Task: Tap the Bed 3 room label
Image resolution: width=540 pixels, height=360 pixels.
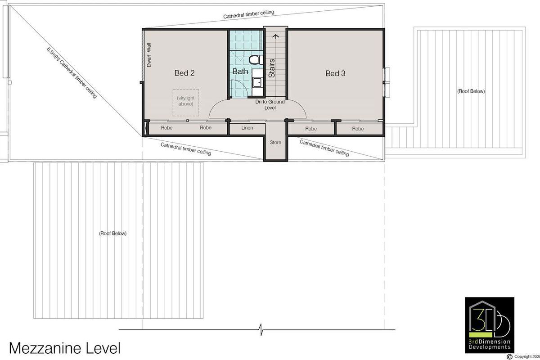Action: (x=335, y=73)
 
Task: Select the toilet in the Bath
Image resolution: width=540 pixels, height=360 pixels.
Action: (x=256, y=59)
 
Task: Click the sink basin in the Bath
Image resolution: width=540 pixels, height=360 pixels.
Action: (x=257, y=82)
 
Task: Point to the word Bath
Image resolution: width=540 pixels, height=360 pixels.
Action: (x=240, y=71)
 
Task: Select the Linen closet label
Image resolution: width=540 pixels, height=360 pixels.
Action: (x=247, y=128)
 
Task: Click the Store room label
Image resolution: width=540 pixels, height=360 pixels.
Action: (x=275, y=143)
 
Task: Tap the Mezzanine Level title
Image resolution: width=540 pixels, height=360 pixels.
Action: (x=65, y=348)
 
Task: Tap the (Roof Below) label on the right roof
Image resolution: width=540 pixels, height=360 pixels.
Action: (x=471, y=91)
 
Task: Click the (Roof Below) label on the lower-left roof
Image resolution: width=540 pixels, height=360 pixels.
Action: (x=112, y=234)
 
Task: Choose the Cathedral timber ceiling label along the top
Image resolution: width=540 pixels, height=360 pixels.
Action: (x=249, y=15)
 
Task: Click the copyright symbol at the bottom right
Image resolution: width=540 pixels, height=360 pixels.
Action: (x=509, y=356)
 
